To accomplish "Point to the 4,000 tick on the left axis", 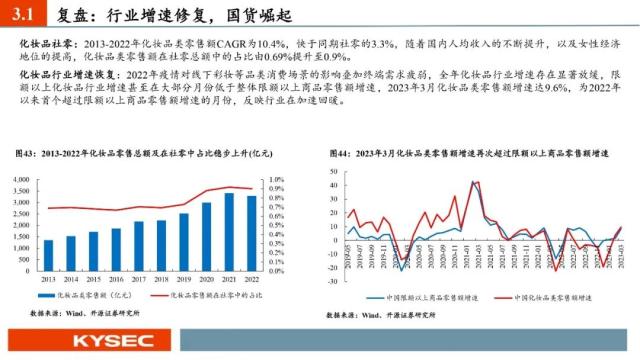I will click(26, 177).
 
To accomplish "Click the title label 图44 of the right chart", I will click(340, 152).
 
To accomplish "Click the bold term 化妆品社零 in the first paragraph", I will click(44, 45).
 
